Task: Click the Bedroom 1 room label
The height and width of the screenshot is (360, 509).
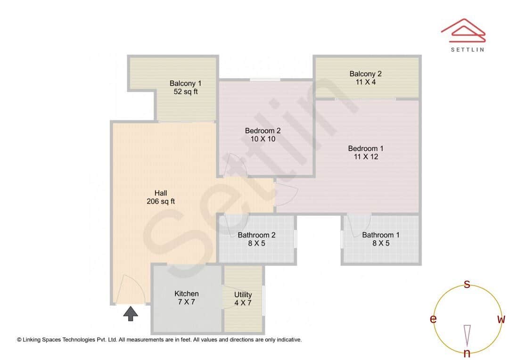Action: pos(365,148)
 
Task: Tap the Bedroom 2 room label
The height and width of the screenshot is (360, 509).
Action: pos(263,131)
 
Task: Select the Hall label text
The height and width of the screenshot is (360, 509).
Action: pos(161,193)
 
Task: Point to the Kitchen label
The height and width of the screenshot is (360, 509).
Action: pos(186,294)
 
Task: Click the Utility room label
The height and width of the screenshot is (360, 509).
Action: pos(243,295)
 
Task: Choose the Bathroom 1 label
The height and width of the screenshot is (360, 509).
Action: pos(381,235)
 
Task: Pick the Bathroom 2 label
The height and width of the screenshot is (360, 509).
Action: pos(256,235)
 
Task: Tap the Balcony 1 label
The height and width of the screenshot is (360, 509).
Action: pos(185,83)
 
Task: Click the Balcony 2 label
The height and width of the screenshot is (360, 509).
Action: pos(365,74)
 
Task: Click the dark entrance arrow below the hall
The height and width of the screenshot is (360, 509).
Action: pos(131,313)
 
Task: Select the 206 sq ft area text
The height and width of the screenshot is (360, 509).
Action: pos(161,201)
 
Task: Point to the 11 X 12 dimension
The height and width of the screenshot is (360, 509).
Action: pos(366,156)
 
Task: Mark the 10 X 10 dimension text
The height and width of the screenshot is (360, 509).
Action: pos(263,139)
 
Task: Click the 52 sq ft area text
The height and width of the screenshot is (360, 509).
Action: pos(185,92)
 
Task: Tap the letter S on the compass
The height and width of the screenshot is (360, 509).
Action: pos(467,284)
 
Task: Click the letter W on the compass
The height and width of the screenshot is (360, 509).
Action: pos(501,319)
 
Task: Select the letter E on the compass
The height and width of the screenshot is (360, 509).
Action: pos(433,319)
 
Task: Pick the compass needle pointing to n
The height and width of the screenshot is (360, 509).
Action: pos(467,335)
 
